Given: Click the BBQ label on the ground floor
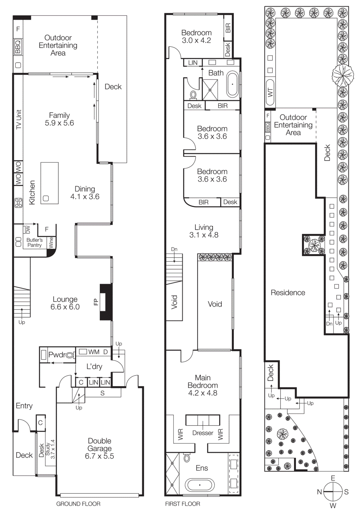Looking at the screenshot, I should [x=18, y=47].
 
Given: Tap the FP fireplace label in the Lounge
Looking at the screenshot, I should [x=96, y=302].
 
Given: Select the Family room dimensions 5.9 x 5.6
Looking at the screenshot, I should [x=59, y=123].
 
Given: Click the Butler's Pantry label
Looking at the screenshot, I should [x=35, y=242].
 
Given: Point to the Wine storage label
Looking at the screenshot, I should [x=51, y=242].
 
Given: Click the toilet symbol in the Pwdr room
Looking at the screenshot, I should [x=69, y=355].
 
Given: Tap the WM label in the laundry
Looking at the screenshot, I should [x=94, y=352].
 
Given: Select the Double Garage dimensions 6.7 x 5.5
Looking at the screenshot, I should [x=100, y=456].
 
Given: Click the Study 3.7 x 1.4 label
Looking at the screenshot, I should [x=50, y=449].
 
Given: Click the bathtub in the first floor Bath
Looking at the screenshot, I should [x=232, y=84].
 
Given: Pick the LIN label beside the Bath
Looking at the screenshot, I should [x=193, y=63].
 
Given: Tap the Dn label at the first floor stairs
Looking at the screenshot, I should [x=174, y=249].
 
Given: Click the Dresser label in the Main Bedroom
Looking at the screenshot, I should [x=203, y=433].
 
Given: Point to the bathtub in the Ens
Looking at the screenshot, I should [x=199, y=485].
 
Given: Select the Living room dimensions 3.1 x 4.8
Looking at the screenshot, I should [x=204, y=235].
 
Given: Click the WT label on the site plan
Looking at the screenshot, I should [x=270, y=93].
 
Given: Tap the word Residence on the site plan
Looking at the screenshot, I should [x=288, y=293].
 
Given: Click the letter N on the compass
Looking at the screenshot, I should [x=319, y=492].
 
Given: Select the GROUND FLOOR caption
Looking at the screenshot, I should [x=78, y=504].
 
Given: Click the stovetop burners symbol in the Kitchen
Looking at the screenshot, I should [x=18, y=203].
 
